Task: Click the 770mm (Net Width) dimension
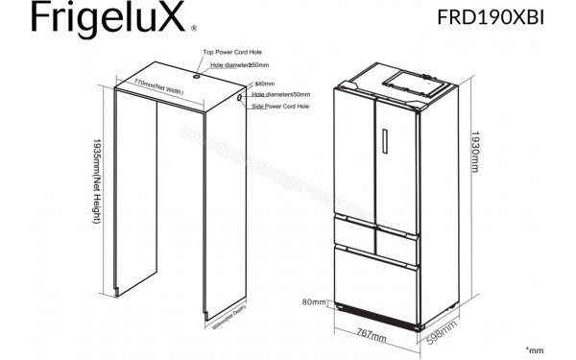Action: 158,86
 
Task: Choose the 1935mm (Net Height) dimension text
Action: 98,182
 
